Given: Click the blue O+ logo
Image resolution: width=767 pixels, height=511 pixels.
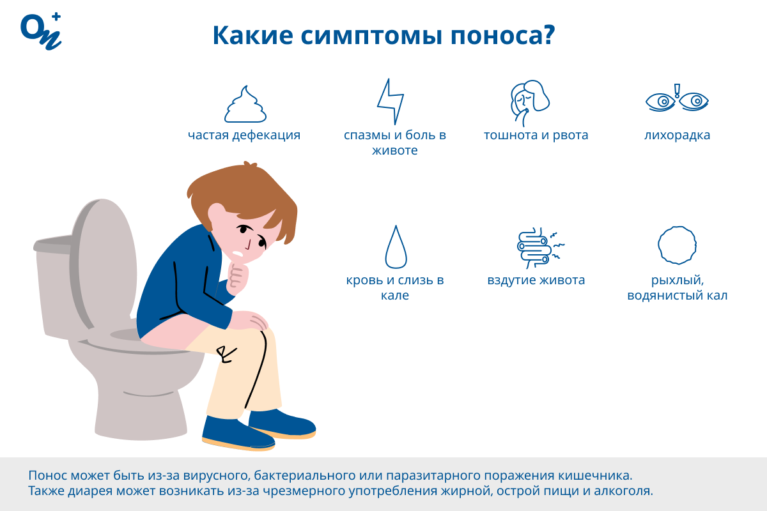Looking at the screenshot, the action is click(41, 31).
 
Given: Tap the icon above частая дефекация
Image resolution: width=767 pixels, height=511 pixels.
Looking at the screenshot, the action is click(245, 104).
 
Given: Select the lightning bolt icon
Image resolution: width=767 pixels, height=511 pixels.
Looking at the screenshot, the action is click(391, 102).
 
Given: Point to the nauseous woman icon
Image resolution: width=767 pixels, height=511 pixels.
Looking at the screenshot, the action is click(529, 103).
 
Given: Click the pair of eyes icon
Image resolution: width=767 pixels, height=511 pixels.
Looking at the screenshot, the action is click(677, 98).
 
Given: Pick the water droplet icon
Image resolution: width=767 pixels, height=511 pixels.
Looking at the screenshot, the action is click(396, 247).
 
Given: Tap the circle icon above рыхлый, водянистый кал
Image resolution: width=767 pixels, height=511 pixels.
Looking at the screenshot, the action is click(677, 245).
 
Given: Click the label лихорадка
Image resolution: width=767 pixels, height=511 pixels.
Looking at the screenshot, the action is click(677, 135).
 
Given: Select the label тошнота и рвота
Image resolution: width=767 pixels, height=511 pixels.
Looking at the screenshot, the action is click(536, 135).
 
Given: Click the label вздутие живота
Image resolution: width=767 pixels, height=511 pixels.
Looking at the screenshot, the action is click(536, 280).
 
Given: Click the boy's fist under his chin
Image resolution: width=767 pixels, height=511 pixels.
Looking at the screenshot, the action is click(238, 277).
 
